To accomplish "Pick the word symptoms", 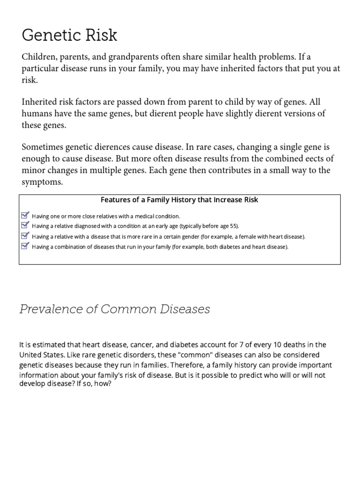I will click(x=42, y=181).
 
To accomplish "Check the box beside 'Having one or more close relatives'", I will click(x=25, y=216).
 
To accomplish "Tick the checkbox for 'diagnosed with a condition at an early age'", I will click(x=25, y=225).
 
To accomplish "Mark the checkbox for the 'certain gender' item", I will click(x=25, y=236).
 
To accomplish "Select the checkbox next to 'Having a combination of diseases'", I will click(x=25, y=246).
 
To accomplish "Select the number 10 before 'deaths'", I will click(x=272, y=345).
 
